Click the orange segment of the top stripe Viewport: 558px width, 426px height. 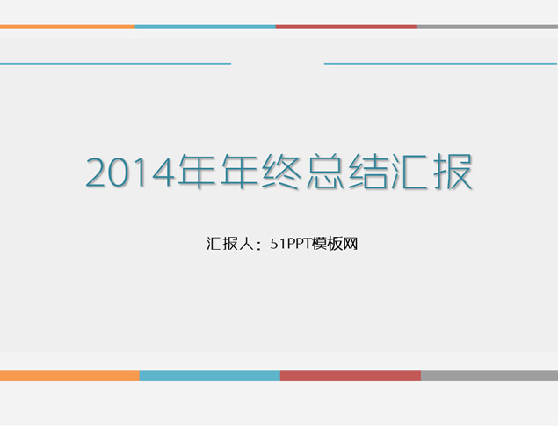[67, 26]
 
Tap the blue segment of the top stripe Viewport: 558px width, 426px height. [205, 26]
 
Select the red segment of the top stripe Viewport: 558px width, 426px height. [345, 26]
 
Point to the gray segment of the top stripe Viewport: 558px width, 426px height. [487, 26]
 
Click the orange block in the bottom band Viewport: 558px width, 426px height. [69, 375]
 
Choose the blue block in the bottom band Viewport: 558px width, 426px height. [209, 375]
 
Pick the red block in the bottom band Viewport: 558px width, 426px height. [350, 375]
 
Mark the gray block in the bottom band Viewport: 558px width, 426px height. [489, 375]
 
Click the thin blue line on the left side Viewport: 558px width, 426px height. [115, 63]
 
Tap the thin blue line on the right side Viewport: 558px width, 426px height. [440, 63]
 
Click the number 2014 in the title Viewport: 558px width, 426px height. [130, 173]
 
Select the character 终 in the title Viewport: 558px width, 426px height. [280, 172]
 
